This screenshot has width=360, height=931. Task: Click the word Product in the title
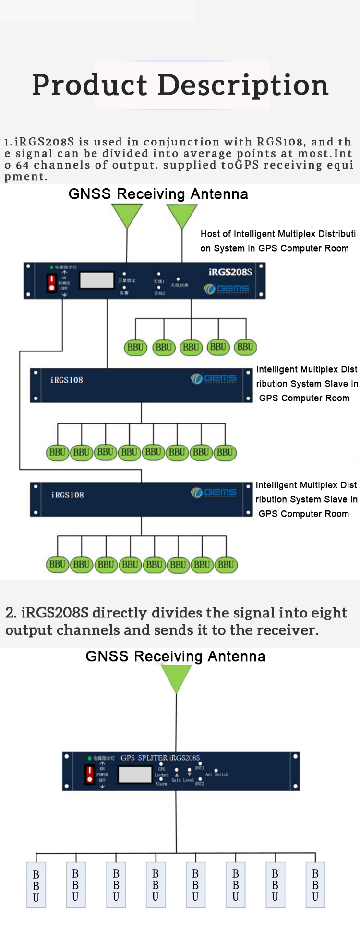click(89, 85)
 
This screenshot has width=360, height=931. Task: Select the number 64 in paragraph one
click(22, 165)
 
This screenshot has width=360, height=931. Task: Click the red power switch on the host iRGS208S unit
click(51, 282)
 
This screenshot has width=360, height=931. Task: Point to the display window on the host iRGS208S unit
click(96, 280)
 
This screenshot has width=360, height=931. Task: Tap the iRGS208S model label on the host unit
click(230, 272)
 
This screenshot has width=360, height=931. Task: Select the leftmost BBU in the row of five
click(135, 347)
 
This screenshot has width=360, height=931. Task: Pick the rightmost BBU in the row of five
click(245, 347)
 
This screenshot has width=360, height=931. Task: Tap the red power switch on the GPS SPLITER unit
click(89, 774)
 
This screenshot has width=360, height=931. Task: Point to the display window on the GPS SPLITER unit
click(135, 774)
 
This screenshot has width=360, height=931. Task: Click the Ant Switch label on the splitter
click(216, 774)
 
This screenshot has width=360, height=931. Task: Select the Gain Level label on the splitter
click(183, 780)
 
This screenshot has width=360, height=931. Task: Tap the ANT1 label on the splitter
click(199, 768)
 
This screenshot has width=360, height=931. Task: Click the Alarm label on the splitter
click(161, 784)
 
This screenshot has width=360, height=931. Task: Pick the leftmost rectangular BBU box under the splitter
click(36, 885)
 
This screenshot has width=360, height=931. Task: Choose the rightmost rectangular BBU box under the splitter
click(315, 885)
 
